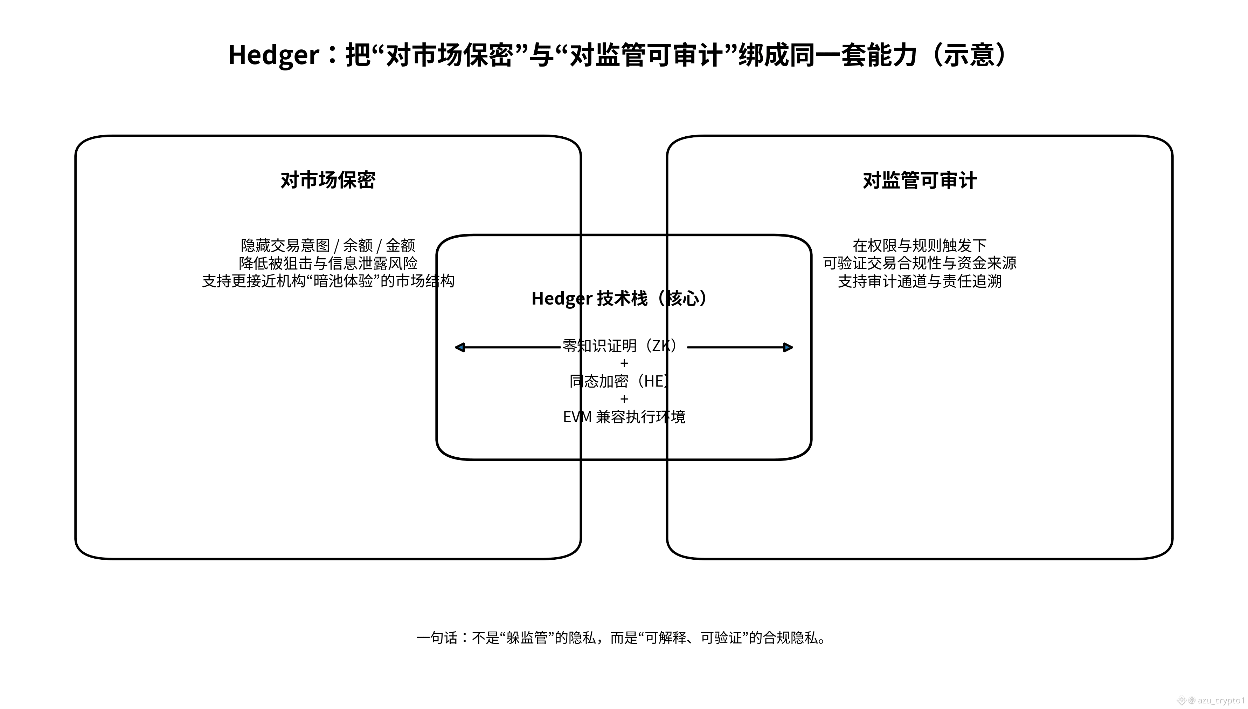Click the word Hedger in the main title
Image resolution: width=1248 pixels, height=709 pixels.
273,55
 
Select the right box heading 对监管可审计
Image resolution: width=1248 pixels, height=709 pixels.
920,180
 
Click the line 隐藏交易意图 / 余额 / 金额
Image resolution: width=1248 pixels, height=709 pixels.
328,245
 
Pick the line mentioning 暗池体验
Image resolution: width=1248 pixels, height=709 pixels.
328,281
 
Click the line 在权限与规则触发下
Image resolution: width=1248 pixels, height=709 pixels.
920,245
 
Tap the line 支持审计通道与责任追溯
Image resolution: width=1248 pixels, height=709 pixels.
920,281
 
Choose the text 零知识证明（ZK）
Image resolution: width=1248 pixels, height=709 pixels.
619,346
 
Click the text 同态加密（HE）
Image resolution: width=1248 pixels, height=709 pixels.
619,381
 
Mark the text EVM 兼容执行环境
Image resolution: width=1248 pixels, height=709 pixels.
624,417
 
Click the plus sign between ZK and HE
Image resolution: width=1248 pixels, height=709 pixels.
624,363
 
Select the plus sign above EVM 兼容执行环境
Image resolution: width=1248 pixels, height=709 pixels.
624,399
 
